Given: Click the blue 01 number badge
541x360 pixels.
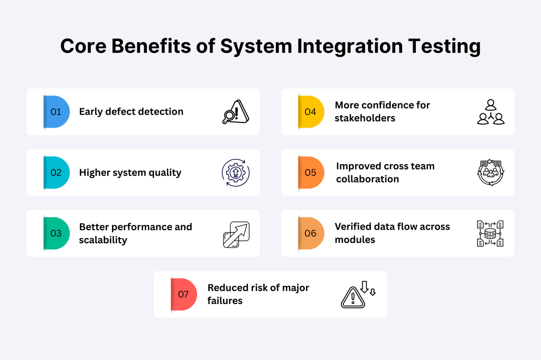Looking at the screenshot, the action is (x=57, y=112).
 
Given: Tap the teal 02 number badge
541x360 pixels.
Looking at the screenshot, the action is (x=57, y=173).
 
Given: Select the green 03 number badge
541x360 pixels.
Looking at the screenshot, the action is (x=57, y=233).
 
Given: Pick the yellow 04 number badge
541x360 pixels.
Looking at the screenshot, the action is (x=311, y=112).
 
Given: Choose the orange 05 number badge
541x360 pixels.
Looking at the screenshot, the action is (x=311, y=173).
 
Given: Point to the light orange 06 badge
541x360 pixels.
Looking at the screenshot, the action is (x=311, y=233).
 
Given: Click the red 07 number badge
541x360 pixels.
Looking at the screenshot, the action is (x=184, y=294).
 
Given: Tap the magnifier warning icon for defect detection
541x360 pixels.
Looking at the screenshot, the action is (x=236, y=112).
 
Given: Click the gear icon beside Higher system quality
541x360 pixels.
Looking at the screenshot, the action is (x=236, y=173).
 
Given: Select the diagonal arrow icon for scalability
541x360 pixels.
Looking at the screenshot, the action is (x=236, y=234).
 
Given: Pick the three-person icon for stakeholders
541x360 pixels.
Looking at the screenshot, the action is (x=491, y=112).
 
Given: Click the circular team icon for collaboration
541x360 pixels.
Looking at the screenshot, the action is (x=491, y=173).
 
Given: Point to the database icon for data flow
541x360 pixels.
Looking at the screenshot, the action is (x=490, y=233).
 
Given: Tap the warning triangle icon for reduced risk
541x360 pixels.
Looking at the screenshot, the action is (x=358, y=294).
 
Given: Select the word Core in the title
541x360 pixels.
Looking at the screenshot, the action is (x=83, y=46).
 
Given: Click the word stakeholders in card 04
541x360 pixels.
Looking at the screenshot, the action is (x=365, y=118).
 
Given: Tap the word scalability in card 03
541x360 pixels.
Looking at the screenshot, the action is (x=103, y=240).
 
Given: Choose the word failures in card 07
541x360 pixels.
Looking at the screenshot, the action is (x=225, y=301).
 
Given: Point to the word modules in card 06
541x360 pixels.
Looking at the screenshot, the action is (x=355, y=240).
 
